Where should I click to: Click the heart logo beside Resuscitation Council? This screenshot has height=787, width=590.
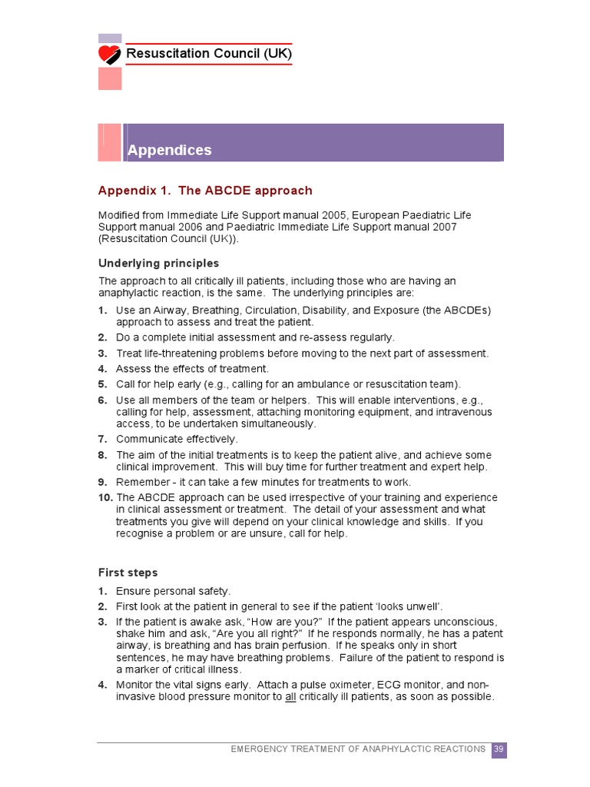(110, 55)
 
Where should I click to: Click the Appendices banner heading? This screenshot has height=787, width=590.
(170, 150)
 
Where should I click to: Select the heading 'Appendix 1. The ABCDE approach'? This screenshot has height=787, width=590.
(205, 191)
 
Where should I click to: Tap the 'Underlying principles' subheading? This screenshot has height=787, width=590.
(158, 264)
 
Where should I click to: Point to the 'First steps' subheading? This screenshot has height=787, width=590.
(128, 573)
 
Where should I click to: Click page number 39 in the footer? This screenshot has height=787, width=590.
(499, 749)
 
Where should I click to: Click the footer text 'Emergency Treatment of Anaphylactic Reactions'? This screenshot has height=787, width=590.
(358, 749)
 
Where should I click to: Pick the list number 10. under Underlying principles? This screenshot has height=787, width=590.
(105, 497)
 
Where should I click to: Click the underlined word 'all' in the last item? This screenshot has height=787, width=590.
(291, 697)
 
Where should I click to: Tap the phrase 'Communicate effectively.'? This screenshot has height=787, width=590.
(177, 439)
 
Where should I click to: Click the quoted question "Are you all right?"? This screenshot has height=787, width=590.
(256, 633)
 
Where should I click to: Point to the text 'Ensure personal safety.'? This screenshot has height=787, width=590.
(173, 591)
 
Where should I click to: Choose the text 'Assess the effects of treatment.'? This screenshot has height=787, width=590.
(192, 369)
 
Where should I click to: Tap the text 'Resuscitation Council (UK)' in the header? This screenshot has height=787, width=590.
(208, 54)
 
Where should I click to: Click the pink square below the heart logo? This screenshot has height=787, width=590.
(110, 78)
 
